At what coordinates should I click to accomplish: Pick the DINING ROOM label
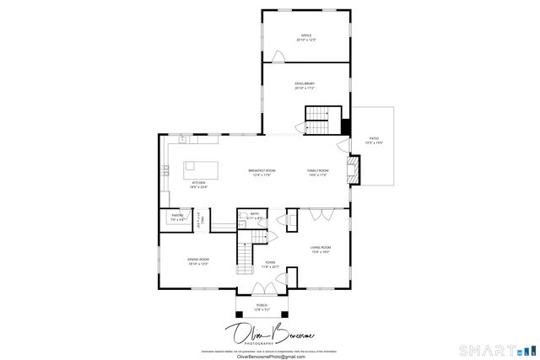click(x=198, y=261)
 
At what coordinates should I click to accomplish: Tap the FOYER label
click(x=270, y=264)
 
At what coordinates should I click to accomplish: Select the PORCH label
click(x=262, y=307)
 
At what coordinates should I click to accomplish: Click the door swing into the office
click(x=276, y=56)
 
